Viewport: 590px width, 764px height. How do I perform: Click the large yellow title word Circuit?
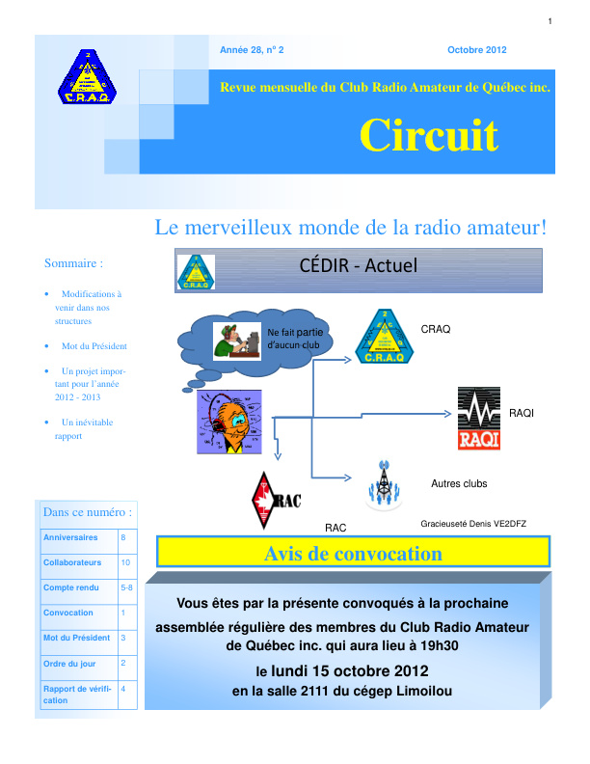[x=429, y=136]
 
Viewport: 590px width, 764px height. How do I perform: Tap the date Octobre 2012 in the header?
[x=476, y=50]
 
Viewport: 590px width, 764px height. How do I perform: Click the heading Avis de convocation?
[x=353, y=554]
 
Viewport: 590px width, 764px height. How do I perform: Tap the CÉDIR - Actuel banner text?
[x=359, y=264]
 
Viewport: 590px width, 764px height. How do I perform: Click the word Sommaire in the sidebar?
[x=73, y=262]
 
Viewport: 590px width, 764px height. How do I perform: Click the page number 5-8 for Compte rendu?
[x=127, y=587]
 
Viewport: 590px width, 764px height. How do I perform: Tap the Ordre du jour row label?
[x=69, y=663]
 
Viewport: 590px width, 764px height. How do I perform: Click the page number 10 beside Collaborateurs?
[x=125, y=561]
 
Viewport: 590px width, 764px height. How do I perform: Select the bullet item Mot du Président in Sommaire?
[x=94, y=345]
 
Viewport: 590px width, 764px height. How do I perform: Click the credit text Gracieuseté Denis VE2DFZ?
[x=473, y=523]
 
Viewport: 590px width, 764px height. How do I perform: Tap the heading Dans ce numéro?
[x=88, y=511]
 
